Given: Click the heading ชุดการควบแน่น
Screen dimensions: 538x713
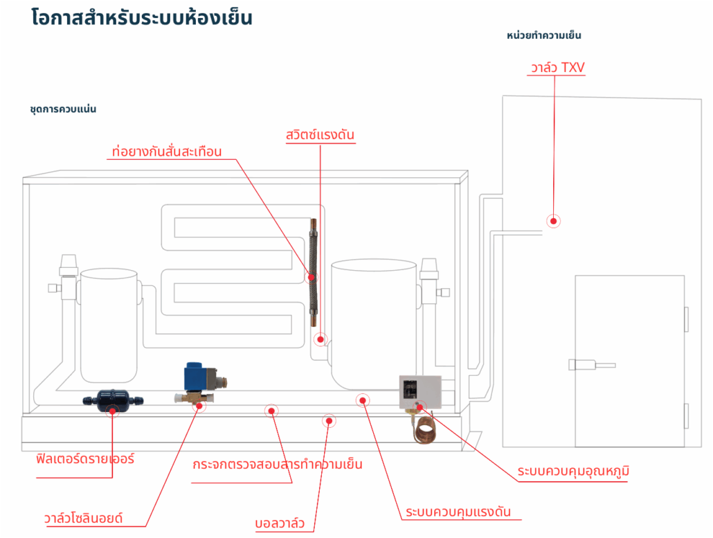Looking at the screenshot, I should pos(63,109).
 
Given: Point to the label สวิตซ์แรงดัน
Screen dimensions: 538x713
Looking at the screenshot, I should pos(320,134).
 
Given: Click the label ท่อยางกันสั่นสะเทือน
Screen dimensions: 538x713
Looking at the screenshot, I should pos(167,151).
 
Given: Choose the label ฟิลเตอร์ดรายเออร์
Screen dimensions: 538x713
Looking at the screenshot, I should pos(85,458).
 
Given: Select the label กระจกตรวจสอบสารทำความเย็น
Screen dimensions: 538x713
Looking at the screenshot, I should pos(278,464).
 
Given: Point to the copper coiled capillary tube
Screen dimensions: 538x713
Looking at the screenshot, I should pos(424,427).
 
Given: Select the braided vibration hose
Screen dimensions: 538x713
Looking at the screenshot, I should pos(312,277).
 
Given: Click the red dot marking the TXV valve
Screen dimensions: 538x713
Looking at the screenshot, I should pos(553,221).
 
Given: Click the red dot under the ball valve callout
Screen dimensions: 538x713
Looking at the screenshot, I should pos(330,420).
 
